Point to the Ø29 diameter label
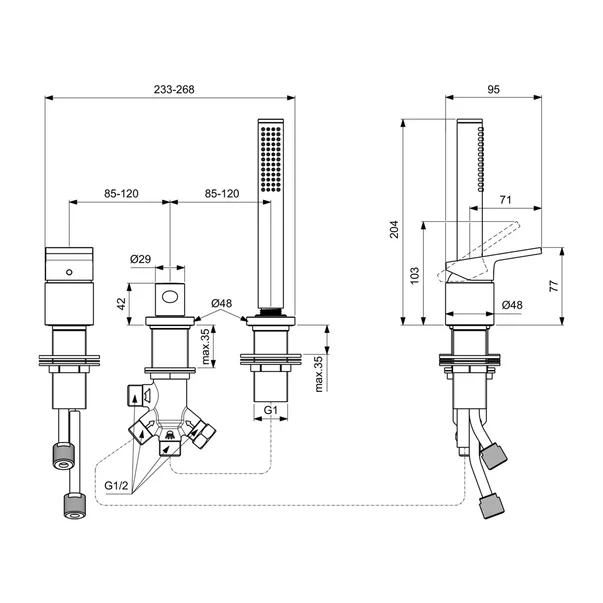pos(141,261)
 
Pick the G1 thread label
pos(270,411)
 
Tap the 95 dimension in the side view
pos(493,89)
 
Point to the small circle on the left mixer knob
pos(68,272)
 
